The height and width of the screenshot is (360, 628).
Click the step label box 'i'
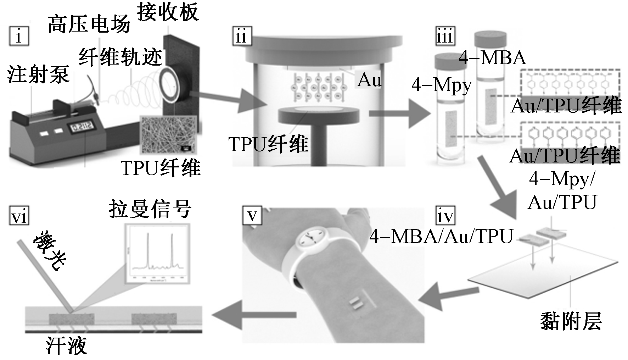(19, 37)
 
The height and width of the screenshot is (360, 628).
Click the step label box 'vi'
(18, 216)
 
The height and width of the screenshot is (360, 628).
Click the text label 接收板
(168, 12)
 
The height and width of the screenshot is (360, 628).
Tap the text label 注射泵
(38, 75)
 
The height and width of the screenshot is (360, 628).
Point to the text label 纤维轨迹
(120, 57)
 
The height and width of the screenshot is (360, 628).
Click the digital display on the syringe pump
(80, 127)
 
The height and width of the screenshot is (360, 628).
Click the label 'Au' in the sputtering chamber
(369, 80)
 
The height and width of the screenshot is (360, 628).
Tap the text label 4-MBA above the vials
(493, 58)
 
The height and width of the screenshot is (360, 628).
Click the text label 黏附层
(571, 322)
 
